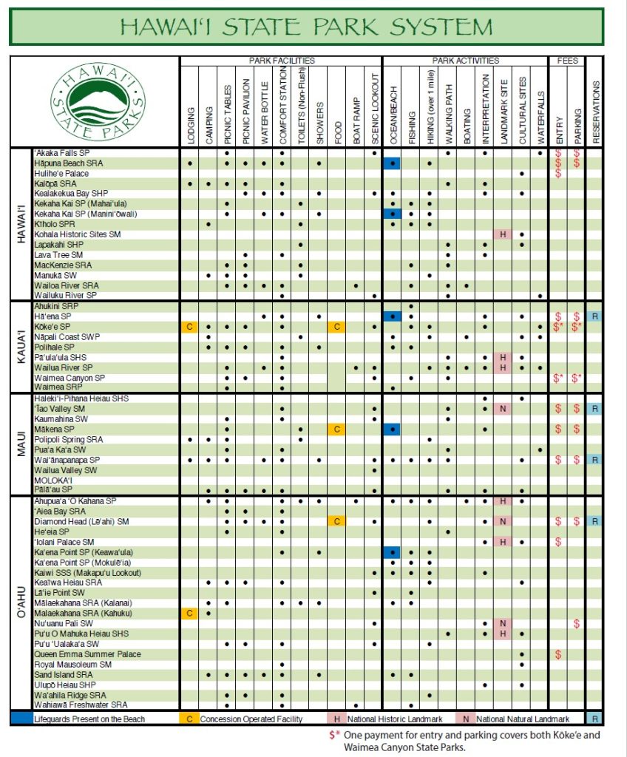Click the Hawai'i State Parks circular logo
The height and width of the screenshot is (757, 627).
98,101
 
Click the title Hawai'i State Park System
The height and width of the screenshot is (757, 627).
306,27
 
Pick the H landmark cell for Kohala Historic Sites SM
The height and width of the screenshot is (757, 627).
503,234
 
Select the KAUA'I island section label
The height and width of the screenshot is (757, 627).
21,346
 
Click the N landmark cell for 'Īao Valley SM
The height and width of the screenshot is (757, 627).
503,409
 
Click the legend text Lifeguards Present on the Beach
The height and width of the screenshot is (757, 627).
89,719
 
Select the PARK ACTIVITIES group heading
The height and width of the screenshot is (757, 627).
465,60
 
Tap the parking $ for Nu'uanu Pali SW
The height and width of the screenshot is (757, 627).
577,624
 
